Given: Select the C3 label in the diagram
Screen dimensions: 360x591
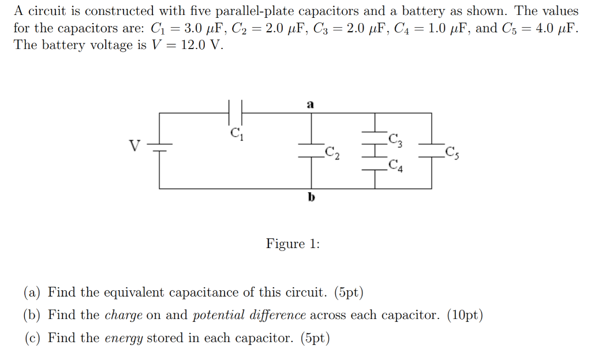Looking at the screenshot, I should click(396, 139).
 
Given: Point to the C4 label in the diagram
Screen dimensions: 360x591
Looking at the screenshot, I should click(396, 166).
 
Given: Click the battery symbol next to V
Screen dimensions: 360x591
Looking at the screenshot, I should click(159, 147).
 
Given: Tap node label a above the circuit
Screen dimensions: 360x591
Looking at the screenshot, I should click(311, 104).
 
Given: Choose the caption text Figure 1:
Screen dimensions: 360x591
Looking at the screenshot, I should click(293, 243).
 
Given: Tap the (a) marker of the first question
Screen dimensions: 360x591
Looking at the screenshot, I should click(32, 292).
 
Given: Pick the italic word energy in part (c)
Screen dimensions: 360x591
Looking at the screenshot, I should click(124, 338).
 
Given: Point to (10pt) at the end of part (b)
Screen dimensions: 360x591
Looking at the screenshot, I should click(465, 316).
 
